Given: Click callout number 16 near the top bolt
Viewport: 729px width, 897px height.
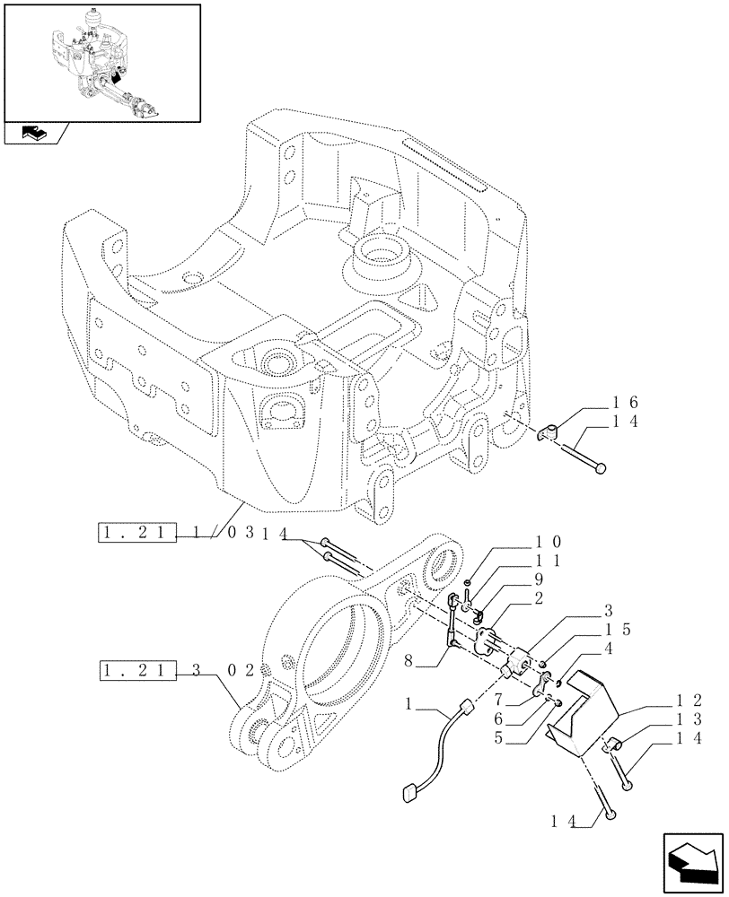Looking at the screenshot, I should [x=625, y=403].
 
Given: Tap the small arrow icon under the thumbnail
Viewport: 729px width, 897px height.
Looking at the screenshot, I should [x=32, y=135].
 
